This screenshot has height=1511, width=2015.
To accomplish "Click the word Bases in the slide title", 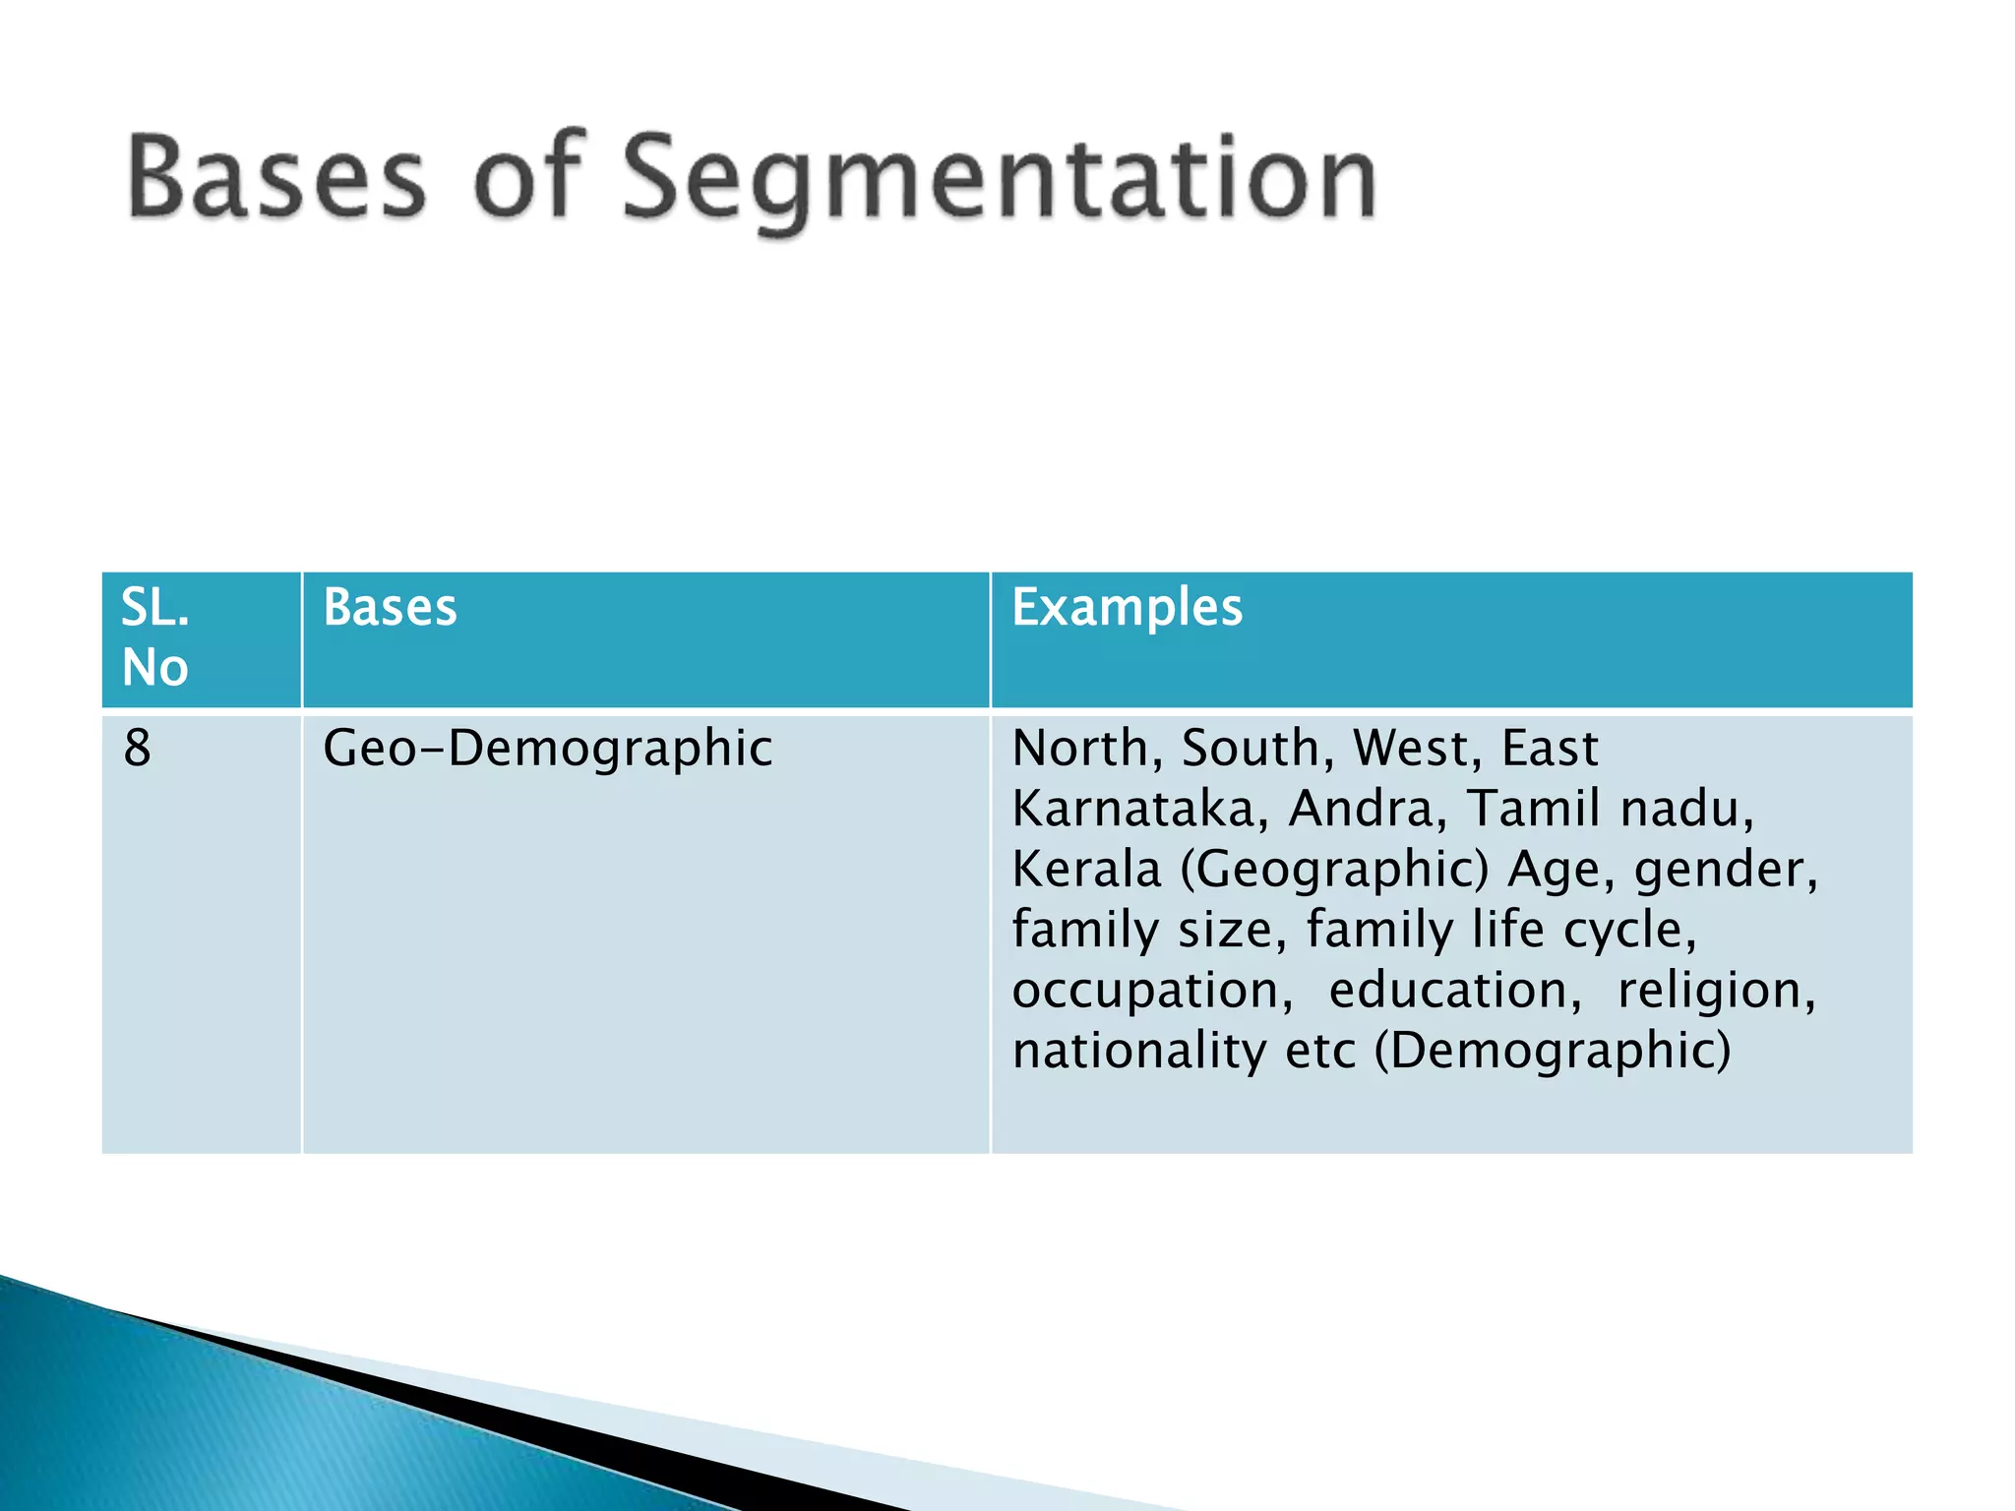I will [276, 177].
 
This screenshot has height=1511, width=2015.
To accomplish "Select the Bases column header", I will [390, 607].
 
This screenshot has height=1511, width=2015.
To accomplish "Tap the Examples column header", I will [1127, 607].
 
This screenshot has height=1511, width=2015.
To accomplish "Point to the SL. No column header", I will [155, 637].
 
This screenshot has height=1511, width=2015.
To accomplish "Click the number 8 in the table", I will [137, 748].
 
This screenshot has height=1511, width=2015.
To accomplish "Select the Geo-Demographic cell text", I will [547, 750].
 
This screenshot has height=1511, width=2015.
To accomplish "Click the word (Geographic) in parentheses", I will [1334, 871].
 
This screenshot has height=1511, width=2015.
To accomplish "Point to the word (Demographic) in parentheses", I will [1553, 1051].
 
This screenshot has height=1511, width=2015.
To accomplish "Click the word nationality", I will [1139, 1051].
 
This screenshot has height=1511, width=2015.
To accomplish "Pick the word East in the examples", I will [1550, 749].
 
